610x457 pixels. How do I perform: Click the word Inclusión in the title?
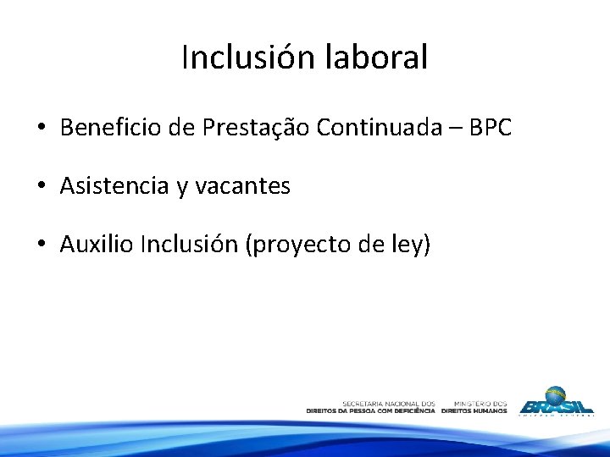tap(249, 58)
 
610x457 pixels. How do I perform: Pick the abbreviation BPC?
tap(492, 128)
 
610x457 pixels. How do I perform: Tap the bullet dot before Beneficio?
tap(41, 129)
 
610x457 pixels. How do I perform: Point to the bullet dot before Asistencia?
tap(41, 187)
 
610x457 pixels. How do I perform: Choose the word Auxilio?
tap(97, 245)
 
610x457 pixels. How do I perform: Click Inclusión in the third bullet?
tap(190, 245)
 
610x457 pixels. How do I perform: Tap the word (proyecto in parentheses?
tap(292, 245)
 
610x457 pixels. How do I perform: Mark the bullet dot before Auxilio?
tap(41, 245)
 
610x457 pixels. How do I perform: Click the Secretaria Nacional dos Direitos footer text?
tap(371, 407)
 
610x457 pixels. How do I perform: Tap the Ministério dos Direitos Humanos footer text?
tap(474, 407)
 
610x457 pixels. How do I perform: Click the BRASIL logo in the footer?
tap(557, 405)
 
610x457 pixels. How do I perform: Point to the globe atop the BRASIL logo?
tap(557, 394)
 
